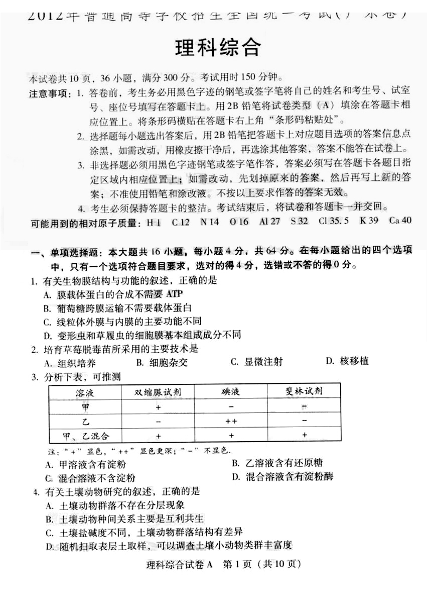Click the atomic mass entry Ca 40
(x=400, y=221)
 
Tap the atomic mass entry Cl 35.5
(x=333, y=221)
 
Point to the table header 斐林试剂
(x=304, y=390)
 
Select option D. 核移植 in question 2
(x=347, y=361)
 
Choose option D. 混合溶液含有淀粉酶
(x=282, y=476)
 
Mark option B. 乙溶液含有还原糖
(x=276, y=463)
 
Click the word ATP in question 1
(x=174, y=293)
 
